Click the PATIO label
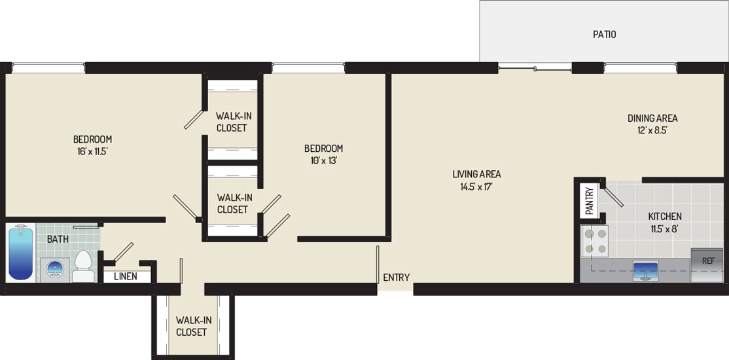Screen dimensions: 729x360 605,34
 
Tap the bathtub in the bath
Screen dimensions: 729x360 21,253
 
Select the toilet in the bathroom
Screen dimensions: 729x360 83,266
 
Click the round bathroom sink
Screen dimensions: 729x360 55,269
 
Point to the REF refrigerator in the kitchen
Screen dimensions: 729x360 707,265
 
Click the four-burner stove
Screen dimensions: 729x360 595,242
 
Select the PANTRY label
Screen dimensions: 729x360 589,200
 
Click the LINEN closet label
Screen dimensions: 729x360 126,277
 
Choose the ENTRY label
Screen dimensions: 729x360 396,278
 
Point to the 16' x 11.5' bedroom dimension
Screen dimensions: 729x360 92,151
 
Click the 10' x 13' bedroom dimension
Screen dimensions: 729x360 323,160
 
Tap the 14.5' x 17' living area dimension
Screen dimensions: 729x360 476,187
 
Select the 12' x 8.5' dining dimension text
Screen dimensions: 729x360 652,131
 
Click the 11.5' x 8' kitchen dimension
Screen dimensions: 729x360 665,228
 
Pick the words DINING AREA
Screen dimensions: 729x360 652,118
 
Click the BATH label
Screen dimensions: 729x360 58,240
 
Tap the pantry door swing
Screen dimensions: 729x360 612,196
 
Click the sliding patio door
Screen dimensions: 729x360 535,70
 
